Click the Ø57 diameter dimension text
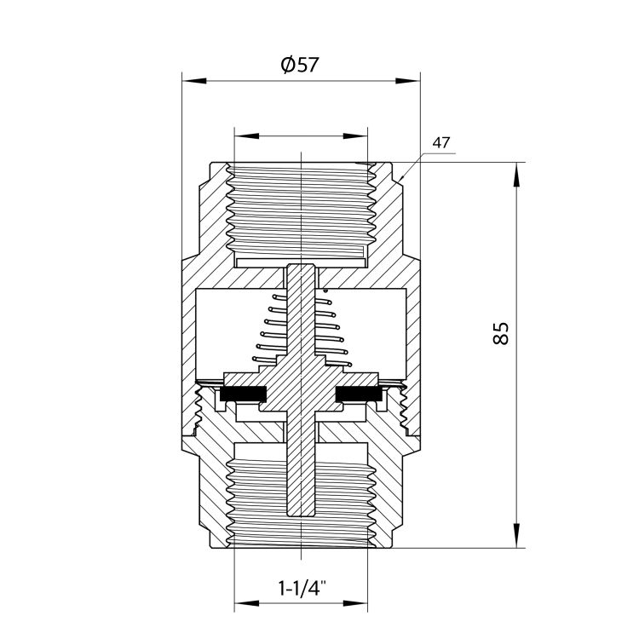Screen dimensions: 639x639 (x=301, y=65)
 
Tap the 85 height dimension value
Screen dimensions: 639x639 (x=501, y=334)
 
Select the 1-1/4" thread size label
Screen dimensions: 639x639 (x=302, y=588)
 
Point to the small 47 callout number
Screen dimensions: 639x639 (x=441, y=142)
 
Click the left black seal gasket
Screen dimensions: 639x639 (x=243, y=393)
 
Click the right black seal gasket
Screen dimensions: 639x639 (x=359, y=393)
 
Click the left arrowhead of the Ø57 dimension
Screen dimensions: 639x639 (x=194, y=81)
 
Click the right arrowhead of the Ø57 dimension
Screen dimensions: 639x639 (x=408, y=81)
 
